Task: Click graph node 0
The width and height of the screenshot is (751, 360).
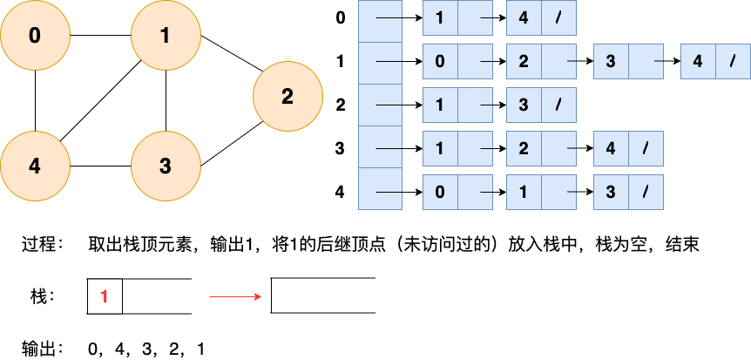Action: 35,36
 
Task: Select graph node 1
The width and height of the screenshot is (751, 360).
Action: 166,36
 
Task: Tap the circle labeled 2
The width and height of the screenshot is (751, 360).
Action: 288,96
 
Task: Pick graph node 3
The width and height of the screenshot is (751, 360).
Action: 166,166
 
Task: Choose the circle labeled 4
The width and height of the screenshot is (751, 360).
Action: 35,166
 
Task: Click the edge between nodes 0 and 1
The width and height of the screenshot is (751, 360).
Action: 100,36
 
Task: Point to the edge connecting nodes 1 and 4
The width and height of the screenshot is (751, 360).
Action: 100,101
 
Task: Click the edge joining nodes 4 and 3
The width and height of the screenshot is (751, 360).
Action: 100,166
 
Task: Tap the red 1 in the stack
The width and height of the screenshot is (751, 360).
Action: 105,296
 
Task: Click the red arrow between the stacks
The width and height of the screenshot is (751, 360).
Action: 235,296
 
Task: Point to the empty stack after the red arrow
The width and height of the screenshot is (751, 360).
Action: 323,296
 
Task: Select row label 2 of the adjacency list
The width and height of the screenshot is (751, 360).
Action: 341,105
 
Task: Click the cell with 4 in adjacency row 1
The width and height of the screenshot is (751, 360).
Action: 698,62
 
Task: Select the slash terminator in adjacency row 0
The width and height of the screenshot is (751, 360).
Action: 558,19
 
